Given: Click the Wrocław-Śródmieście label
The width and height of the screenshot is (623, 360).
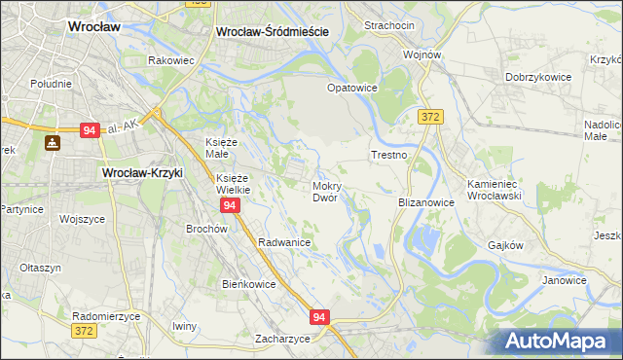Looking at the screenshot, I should [x=272, y=31].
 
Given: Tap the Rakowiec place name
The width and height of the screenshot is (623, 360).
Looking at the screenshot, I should [x=172, y=60].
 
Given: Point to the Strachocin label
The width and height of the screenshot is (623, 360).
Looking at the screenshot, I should [x=389, y=24].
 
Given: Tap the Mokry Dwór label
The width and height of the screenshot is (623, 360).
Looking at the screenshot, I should [x=324, y=191].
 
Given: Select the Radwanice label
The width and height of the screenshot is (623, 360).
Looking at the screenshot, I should [x=284, y=242].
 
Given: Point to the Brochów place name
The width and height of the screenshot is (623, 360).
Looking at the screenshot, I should [x=206, y=229].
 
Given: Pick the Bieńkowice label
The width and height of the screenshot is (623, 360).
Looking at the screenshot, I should [x=249, y=284].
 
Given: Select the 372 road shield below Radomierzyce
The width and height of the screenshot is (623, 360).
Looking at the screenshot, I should [x=85, y=332].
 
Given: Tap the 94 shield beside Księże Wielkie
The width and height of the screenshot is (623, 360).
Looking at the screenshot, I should [x=230, y=206].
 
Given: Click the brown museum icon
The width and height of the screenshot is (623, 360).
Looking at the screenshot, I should [x=53, y=143].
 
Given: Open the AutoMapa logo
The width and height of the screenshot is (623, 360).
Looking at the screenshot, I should [x=560, y=341].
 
